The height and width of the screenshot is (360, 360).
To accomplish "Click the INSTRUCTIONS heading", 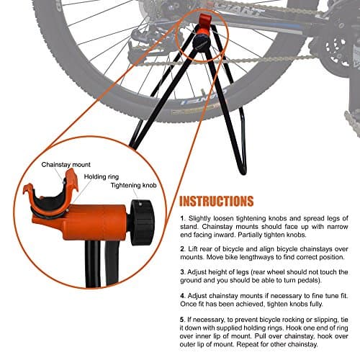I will pyautogui.click(x=216, y=201).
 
